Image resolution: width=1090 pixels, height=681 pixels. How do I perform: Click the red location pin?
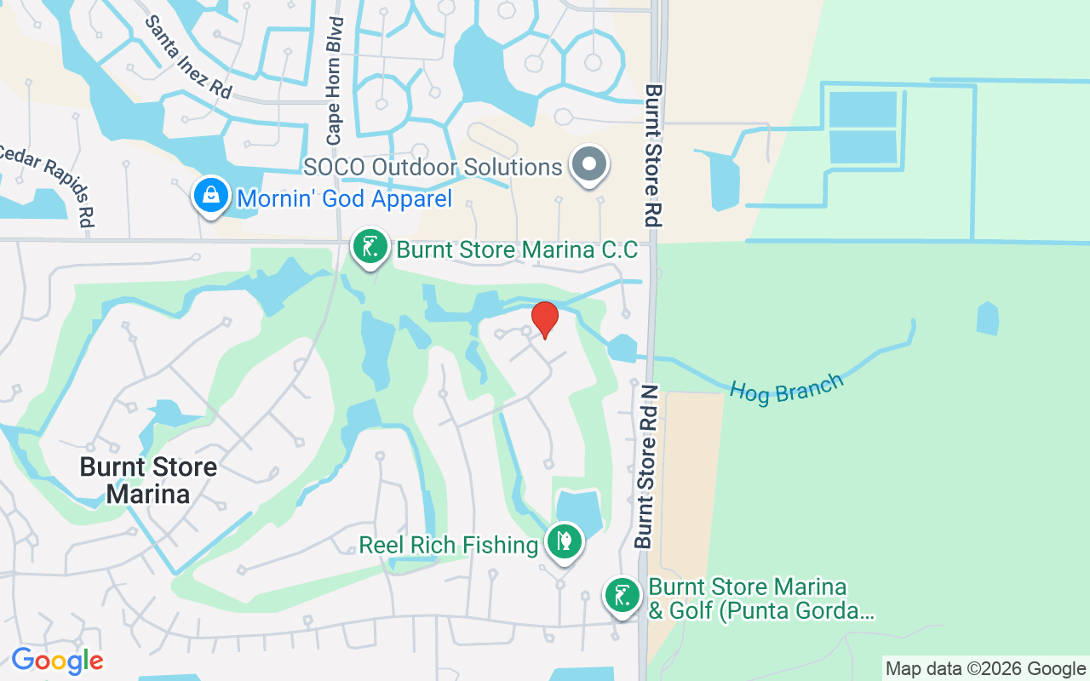[545, 319]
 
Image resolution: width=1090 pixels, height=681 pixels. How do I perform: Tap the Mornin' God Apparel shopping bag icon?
[211, 196]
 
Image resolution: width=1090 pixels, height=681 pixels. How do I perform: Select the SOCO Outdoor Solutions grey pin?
[589, 164]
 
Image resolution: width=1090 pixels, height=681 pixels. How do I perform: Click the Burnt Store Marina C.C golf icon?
[370, 248]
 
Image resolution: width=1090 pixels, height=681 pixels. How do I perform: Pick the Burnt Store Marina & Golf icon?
[622, 596]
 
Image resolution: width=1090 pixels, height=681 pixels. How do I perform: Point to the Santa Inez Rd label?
[188, 57]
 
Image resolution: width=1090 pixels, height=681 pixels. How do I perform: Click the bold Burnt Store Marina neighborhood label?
[148, 480]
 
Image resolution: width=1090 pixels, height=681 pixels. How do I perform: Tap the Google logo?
[57, 661]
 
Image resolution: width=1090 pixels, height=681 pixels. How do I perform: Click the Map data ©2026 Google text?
[985, 669]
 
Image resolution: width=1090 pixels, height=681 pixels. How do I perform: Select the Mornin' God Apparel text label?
[344, 199]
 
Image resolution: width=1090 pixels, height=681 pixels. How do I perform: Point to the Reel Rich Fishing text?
[448, 545]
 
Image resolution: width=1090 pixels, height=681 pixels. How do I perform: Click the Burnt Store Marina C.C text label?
[517, 250]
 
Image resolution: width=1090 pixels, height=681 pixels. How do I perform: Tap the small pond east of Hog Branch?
[987, 318]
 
